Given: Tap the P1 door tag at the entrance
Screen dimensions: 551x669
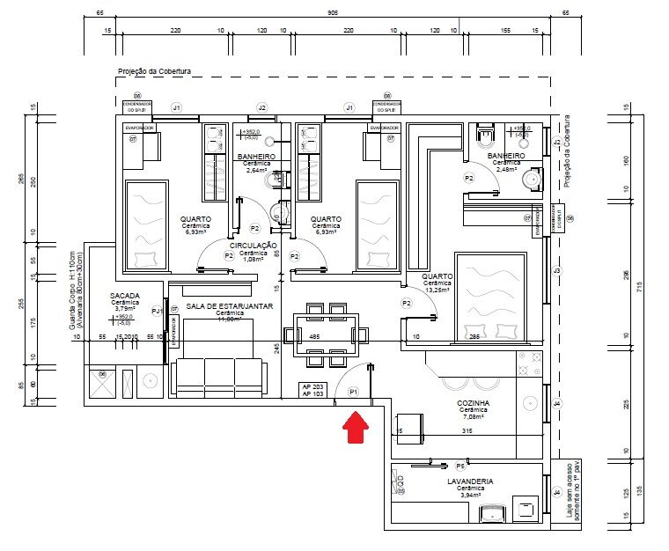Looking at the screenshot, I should (354, 391).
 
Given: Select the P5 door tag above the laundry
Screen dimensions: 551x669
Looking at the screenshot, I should (460, 465).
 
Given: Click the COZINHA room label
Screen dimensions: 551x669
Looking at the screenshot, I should (473, 403).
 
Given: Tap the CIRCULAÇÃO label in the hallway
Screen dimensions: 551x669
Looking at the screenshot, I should (254, 246).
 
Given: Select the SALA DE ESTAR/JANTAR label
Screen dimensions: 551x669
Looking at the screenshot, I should (229, 305).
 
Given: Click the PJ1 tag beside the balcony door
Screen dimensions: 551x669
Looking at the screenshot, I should (157, 311).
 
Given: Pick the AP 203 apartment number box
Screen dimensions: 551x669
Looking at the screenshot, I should (312, 387).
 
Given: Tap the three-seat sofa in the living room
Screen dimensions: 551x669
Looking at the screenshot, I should (219, 376).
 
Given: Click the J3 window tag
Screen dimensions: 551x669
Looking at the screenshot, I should (556, 270).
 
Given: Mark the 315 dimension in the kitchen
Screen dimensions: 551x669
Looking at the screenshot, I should (468, 431).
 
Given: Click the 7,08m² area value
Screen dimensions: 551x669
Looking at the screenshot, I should (473, 417).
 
